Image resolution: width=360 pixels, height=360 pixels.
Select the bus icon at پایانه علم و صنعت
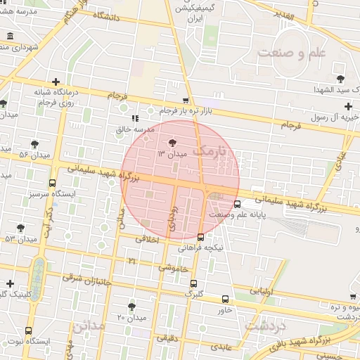[x=237, y=204]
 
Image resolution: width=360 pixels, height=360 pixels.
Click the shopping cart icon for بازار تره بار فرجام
[x=185, y=101]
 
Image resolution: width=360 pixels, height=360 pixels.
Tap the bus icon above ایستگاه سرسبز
[x=52, y=184]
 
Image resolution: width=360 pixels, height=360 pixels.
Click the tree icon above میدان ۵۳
[x=20, y=228]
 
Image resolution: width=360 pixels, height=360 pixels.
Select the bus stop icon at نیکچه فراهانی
[x=202, y=237]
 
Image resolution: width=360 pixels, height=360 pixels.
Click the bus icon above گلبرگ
[x=193, y=283]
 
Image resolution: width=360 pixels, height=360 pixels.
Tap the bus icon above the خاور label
[x=225, y=299]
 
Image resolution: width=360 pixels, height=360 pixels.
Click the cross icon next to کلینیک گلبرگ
[x=10, y=283]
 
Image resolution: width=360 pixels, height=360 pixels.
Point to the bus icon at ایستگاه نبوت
[x=28, y=330]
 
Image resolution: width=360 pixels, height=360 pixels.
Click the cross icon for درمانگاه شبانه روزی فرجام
[x=55, y=82]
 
